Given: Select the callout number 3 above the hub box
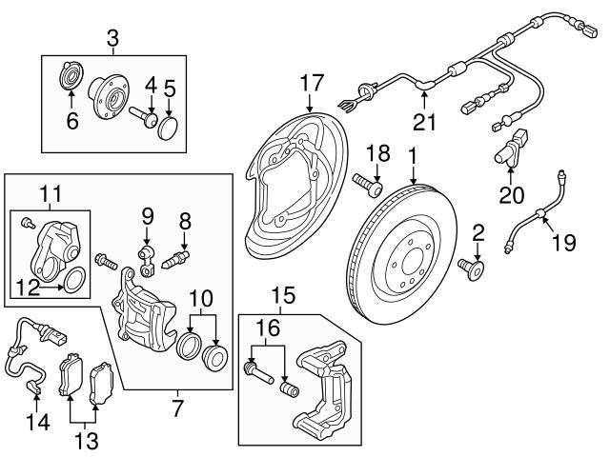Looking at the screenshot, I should coord(112,39).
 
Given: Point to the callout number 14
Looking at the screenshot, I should coord(40,419).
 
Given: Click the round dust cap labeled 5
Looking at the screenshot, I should coord(169,129).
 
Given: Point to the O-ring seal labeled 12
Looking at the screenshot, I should coord(73,280).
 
